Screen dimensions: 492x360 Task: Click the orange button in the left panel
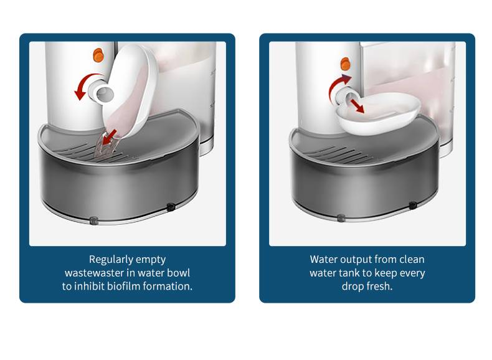(x=98, y=55)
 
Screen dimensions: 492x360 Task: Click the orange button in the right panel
(x=345, y=64)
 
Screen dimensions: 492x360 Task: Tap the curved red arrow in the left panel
(x=85, y=85)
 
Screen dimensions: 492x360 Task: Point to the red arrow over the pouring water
(x=110, y=138)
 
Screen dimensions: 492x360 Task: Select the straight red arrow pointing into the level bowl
(x=357, y=106)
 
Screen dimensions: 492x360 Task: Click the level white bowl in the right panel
(x=379, y=113)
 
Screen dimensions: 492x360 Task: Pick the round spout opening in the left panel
(x=105, y=93)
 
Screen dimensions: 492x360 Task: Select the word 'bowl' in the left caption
(x=178, y=273)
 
